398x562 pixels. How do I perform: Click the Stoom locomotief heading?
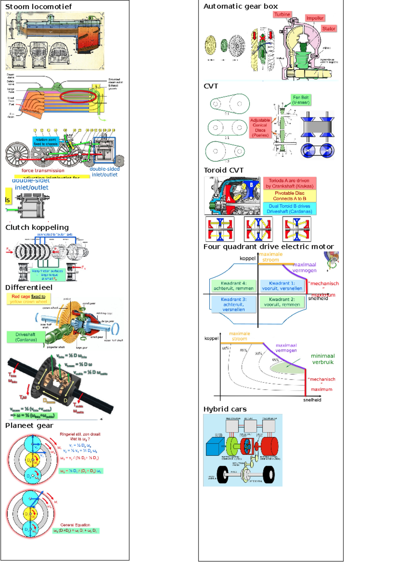click(x=38, y=7)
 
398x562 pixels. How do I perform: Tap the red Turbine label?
click(x=282, y=14)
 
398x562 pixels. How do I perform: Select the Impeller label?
click(x=315, y=18)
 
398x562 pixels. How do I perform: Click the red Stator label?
click(x=329, y=29)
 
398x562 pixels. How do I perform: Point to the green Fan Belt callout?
click(x=301, y=100)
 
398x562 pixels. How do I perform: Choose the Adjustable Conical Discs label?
click(x=260, y=128)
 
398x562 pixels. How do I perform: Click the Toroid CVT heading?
click(x=224, y=170)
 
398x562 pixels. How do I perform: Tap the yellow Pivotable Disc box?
click(x=290, y=196)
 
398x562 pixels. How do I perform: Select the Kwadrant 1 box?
click(x=282, y=286)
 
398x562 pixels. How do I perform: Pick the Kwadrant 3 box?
click(x=233, y=304)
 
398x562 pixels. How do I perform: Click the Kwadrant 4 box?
click(x=233, y=286)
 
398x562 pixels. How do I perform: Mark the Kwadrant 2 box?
click(x=282, y=302)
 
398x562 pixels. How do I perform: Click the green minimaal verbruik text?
click(x=323, y=359)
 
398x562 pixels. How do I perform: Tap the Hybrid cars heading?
click(x=225, y=409)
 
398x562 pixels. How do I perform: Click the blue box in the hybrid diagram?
click(x=215, y=446)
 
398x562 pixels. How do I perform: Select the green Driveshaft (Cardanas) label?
click(x=26, y=337)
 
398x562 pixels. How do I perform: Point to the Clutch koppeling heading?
click(x=37, y=227)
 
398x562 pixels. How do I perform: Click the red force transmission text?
click(x=43, y=170)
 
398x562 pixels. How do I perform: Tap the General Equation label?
click(x=75, y=525)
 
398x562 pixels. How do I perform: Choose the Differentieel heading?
click(x=29, y=287)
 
